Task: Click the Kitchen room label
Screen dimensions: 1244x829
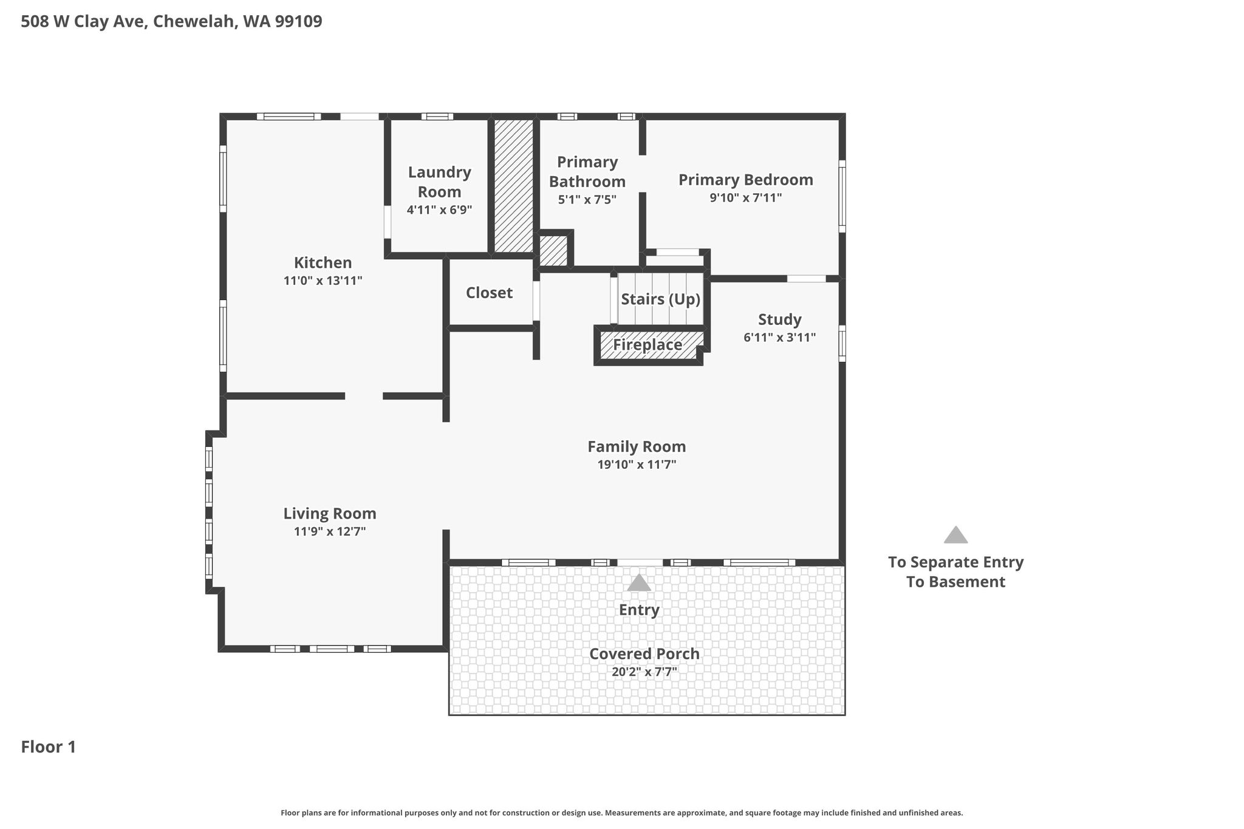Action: coord(323,263)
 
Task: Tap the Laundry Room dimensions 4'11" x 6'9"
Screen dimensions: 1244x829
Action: coord(439,210)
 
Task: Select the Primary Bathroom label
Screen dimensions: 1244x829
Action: coord(587,172)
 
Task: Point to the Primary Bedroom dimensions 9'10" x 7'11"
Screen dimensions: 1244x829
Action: coord(745,198)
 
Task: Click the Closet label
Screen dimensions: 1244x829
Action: coord(489,293)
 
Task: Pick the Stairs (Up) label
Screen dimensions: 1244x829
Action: coord(660,299)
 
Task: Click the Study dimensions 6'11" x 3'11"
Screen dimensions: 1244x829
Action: coord(779,338)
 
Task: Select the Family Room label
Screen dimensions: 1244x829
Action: coord(637,447)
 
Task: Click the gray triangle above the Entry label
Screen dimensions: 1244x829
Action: coord(639,583)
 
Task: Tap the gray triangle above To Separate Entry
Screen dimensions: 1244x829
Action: coord(955,535)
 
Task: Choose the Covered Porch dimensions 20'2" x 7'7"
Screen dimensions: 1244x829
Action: coord(644,672)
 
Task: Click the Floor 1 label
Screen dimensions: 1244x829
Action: coord(49,747)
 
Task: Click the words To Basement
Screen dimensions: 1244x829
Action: coord(955,582)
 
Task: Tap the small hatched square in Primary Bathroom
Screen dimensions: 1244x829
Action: coord(553,250)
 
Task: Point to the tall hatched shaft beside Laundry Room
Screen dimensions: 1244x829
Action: coord(513,186)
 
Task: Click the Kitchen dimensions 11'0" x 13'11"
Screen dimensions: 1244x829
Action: coord(323,281)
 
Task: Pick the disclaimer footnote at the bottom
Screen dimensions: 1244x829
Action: coord(622,813)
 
